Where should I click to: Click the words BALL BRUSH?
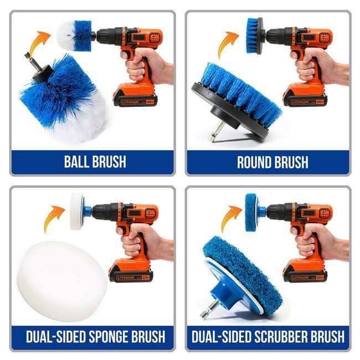pyautogui.click(x=95, y=162)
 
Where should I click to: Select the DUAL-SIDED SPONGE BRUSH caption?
pyautogui.click(x=95, y=336)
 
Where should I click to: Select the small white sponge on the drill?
pyautogui.click(x=76, y=210)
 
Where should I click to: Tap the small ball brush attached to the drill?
pyautogui.click(x=74, y=35)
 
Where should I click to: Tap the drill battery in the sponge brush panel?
pyautogui.click(x=131, y=272)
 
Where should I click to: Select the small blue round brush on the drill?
pyautogui.click(x=253, y=35)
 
